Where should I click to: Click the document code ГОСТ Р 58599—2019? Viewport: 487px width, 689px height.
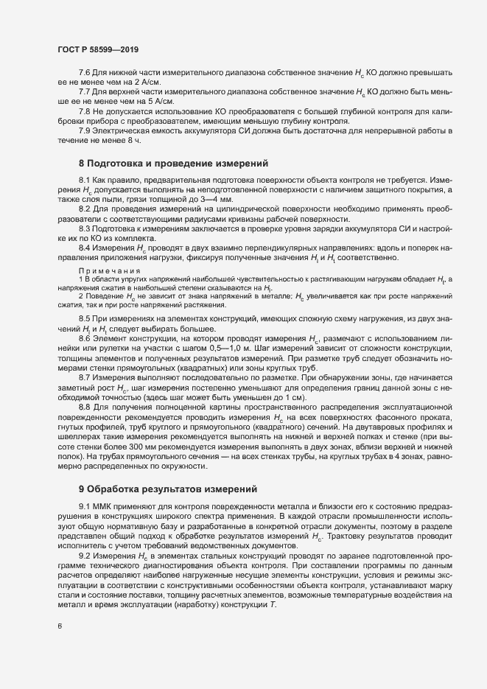tap(98, 49)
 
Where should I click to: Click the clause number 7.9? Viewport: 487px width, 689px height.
tap(85, 130)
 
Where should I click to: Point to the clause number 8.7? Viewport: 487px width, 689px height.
tap(85, 377)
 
